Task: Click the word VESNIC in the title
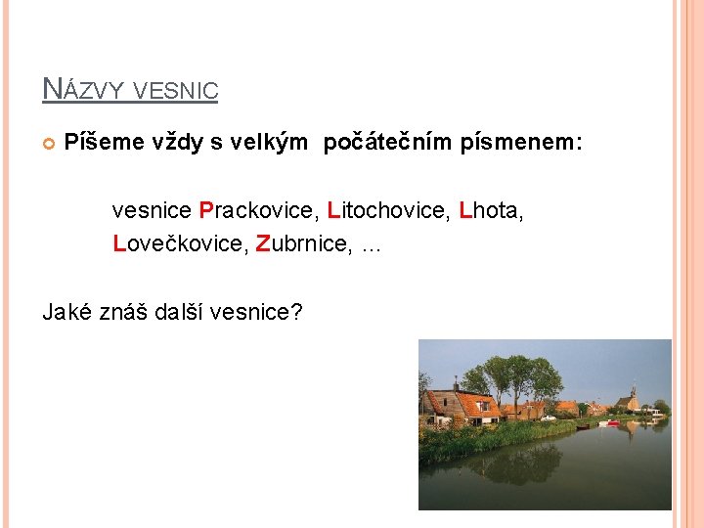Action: pyautogui.click(x=175, y=91)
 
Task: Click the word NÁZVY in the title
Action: pyautogui.click(x=83, y=90)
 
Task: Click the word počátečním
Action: pyautogui.click(x=382, y=144)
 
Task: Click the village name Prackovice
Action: pyautogui.click(x=259, y=210)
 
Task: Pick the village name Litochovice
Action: pyautogui.click(x=387, y=210)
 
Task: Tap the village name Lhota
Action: pyautogui.click(x=491, y=210)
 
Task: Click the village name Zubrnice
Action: pyautogui.click(x=302, y=243)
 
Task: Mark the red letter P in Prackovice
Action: pyautogui.click(x=205, y=210)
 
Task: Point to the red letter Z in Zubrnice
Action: pyautogui.click(x=262, y=243)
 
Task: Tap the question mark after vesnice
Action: pyautogui.click(x=297, y=312)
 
